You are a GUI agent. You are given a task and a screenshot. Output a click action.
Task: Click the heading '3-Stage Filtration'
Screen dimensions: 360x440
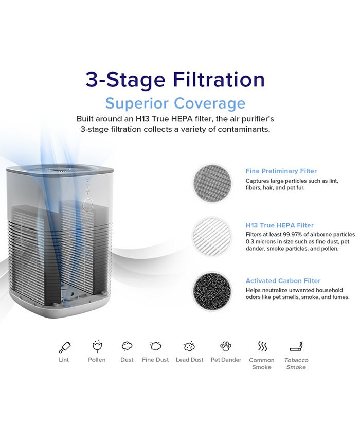tap(175, 80)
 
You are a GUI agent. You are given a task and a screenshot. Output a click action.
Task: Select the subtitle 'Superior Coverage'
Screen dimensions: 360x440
tap(175, 103)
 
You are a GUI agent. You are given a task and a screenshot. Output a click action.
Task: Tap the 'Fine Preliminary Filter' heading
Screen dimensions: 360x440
tap(281, 171)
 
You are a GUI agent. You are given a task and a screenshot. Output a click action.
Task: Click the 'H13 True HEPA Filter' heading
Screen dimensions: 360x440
tap(280, 225)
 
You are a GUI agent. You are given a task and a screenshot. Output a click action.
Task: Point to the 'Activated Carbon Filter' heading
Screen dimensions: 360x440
tap(283, 281)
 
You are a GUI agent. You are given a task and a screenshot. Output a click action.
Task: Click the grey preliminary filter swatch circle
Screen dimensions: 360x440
tap(212, 183)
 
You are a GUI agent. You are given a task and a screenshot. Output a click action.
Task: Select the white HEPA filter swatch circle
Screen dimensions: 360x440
tap(212, 237)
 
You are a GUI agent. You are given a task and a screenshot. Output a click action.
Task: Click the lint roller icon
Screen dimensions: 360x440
tap(65, 347)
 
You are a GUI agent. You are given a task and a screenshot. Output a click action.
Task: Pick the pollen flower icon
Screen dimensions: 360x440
tap(97, 346)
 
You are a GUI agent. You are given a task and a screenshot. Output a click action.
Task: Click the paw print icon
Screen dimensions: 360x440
tap(226, 346)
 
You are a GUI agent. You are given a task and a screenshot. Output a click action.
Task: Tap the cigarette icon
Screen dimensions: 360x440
tap(296, 346)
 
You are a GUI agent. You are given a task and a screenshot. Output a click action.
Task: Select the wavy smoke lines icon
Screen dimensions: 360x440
tap(262, 346)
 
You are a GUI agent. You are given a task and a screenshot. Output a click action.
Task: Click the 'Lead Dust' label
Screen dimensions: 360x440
tap(190, 360)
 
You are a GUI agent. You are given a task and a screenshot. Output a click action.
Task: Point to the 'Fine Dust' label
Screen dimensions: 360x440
tap(155, 360)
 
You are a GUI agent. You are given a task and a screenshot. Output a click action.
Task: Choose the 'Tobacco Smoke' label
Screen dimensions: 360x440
tap(296, 364)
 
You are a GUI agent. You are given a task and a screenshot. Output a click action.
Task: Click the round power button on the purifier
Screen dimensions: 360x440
tap(88, 205)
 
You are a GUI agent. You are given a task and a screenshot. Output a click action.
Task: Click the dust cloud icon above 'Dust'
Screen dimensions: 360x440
tap(127, 346)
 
